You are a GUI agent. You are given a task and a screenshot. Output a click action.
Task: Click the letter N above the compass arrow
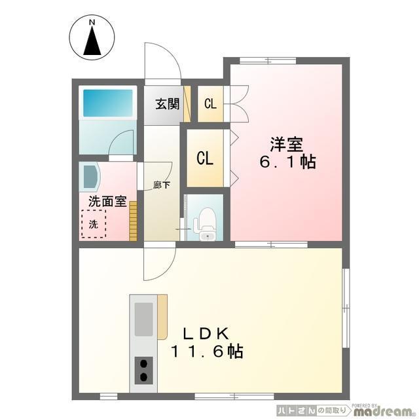coord(92,23)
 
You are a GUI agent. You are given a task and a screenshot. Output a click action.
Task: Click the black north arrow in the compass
coord(92,41)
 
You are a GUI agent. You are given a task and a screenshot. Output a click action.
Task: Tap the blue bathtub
coord(108,103)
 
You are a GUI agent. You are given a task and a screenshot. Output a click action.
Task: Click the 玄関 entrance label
coord(168,104)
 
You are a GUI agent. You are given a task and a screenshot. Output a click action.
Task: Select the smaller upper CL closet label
coord(210,103)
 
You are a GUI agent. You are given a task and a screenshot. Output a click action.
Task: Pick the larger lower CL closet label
coord(205,158)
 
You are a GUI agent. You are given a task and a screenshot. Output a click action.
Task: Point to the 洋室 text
coord(286,144)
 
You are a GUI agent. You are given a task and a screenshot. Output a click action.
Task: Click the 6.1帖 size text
coord(288,162)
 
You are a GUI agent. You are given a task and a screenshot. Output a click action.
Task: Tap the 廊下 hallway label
coord(162,185)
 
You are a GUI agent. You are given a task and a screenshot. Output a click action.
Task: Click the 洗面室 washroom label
coord(107,201)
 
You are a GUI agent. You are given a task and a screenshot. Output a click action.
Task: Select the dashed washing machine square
coord(94,224)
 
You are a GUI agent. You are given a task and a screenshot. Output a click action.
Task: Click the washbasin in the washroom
coord(90,177)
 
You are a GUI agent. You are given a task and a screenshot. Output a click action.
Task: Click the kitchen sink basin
coord(144,319)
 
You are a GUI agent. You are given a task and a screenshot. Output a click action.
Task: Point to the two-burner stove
coord(144,371)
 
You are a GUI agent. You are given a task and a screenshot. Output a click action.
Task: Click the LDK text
coord(206,333)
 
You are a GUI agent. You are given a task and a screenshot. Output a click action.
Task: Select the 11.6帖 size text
coord(207,352)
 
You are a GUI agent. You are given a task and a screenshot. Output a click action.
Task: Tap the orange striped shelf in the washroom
coord(133,221)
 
